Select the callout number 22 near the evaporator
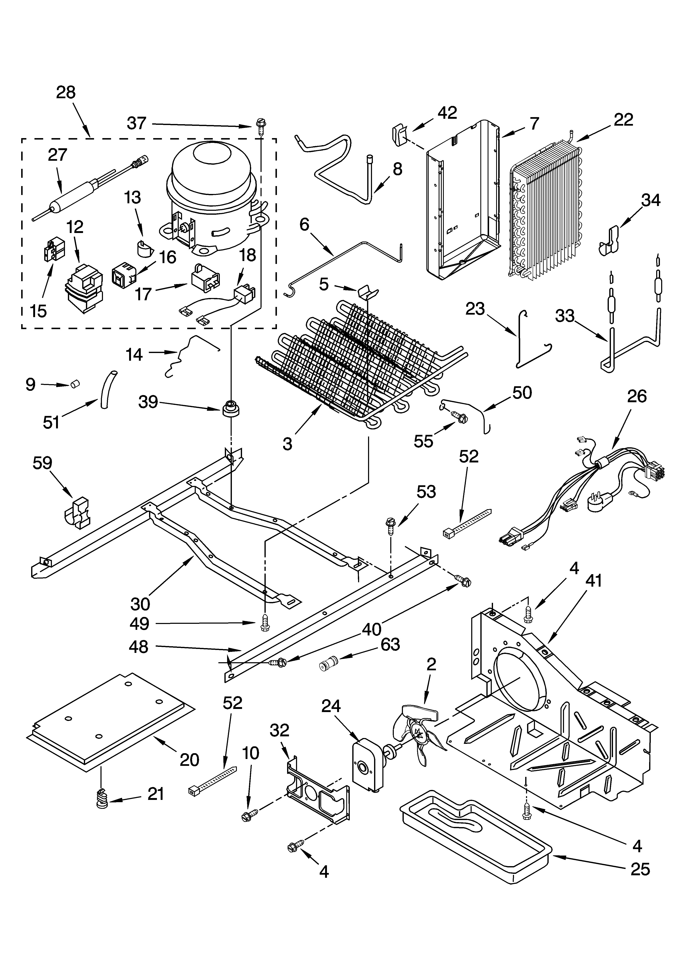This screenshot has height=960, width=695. (x=623, y=120)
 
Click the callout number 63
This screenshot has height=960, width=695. (x=390, y=645)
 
